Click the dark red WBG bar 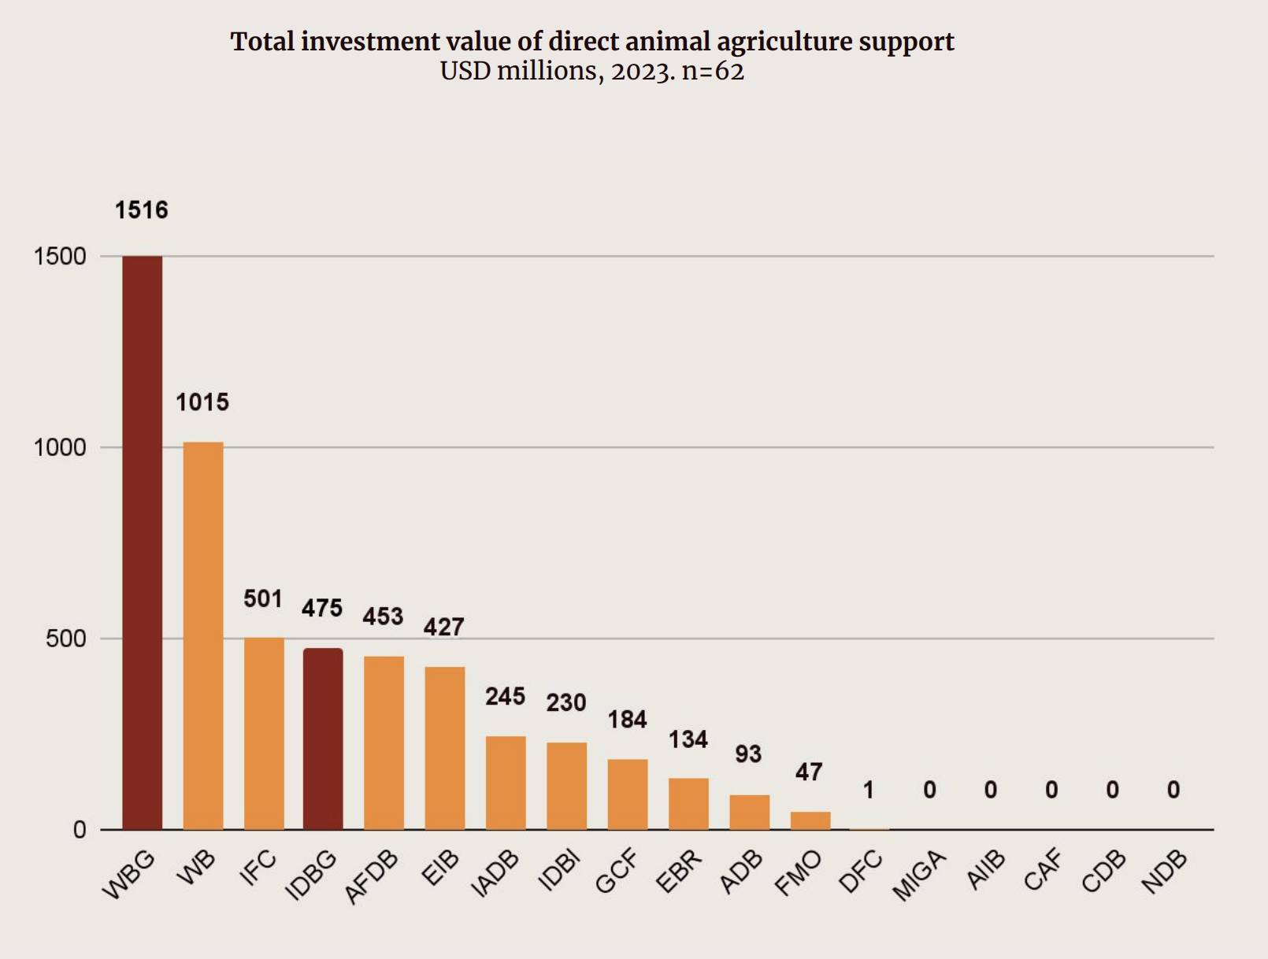pyautogui.click(x=142, y=543)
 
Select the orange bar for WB pyautogui.click(x=203, y=636)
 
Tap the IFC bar pyautogui.click(x=264, y=734)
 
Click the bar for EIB pyautogui.click(x=444, y=748)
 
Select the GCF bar pyautogui.click(x=627, y=794)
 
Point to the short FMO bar pyautogui.click(x=810, y=820)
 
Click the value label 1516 pyautogui.click(x=142, y=210)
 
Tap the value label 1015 pyautogui.click(x=202, y=402)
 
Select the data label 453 pyautogui.click(x=383, y=616)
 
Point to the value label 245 pyautogui.click(x=505, y=697)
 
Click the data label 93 pyautogui.click(x=748, y=754)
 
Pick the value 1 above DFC pyautogui.click(x=869, y=790)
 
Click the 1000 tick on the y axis pyautogui.click(x=60, y=447)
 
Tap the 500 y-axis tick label pyautogui.click(x=66, y=639)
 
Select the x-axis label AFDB pyautogui.click(x=372, y=877)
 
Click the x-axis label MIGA pyautogui.click(x=918, y=876)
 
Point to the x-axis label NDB pyautogui.click(x=1164, y=872)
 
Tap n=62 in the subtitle pyautogui.click(x=713, y=72)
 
